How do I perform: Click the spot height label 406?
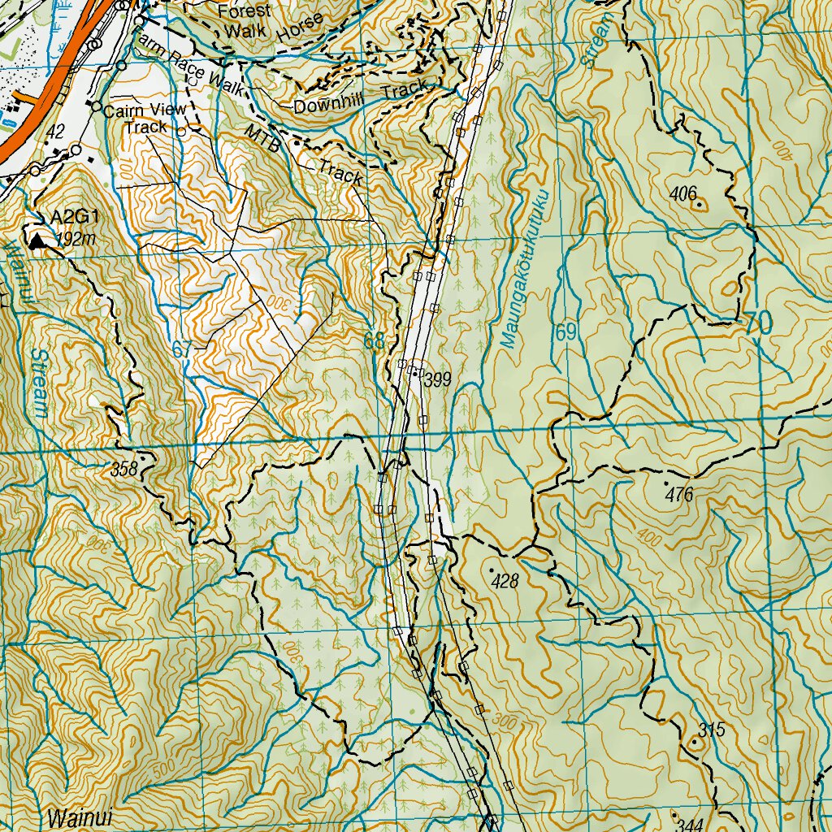pyautogui.click(x=684, y=193)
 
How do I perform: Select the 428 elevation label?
pyautogui.click(x=505, y=581)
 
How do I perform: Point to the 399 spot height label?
pyautogui.click(x=437, y=379)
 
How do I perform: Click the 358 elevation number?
pyautogui.click(x=124, y=469)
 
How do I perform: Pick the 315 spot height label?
pyautogui.click(x=711, y=730)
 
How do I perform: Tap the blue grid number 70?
pyautogui.click(x=757, y=323)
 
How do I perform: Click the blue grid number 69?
pyautogui.click(x=566, y=332)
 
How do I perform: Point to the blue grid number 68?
pyautogui.click(x=373, y=342)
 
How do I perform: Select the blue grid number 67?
pyautogui.click(x=183, y=350)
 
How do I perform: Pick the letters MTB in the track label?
pyautogui.click(x=262, y=139)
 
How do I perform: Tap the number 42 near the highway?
pyautogui.click(x=55, y=131)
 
